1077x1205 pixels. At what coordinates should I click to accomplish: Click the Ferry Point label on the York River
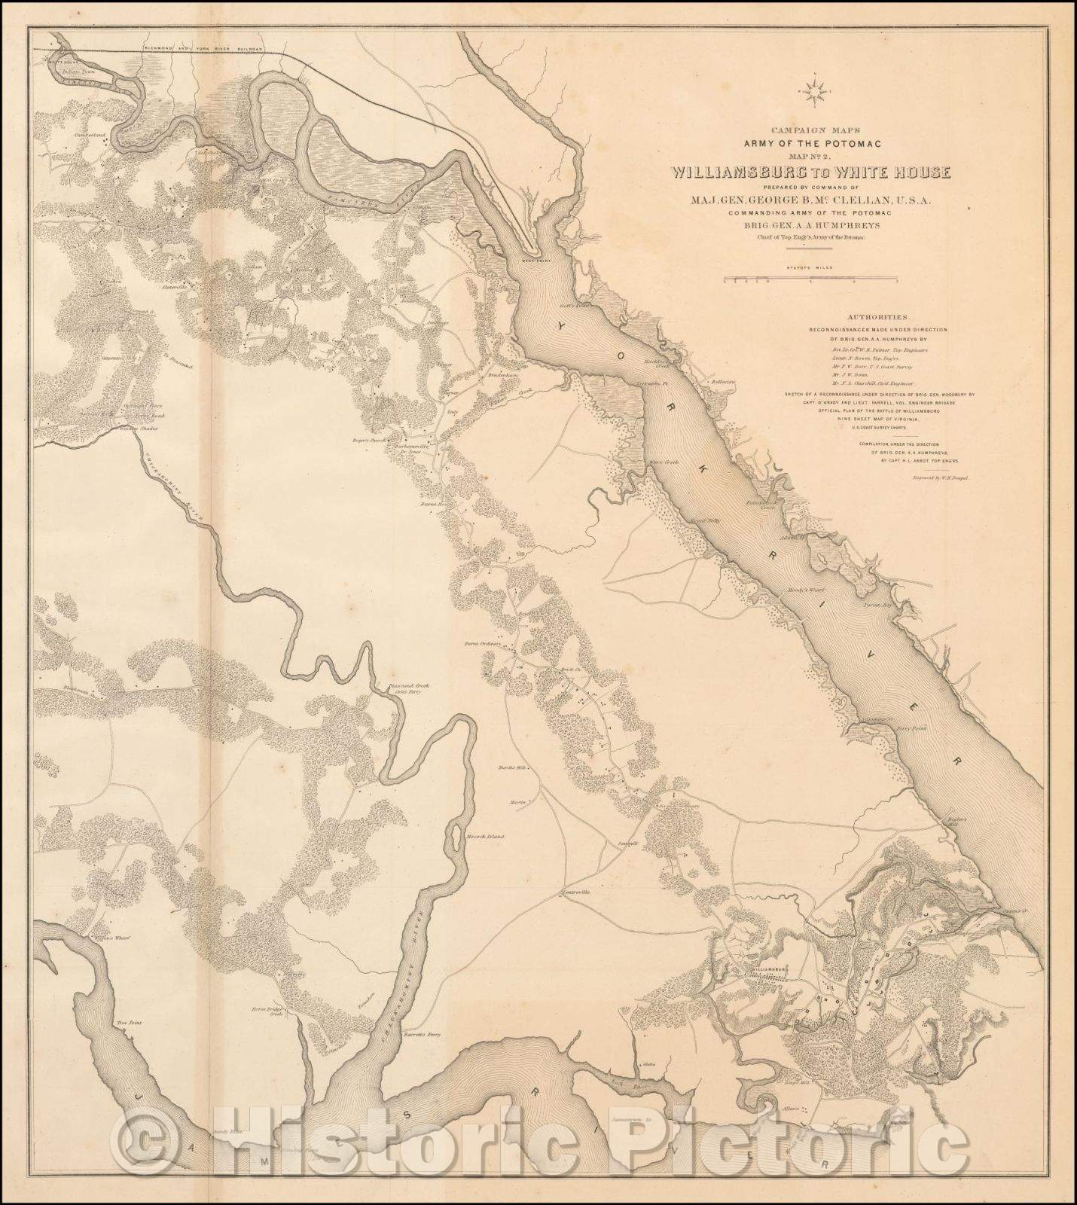tap(917, 730)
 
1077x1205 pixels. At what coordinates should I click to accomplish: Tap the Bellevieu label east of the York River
tap(723, 382)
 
